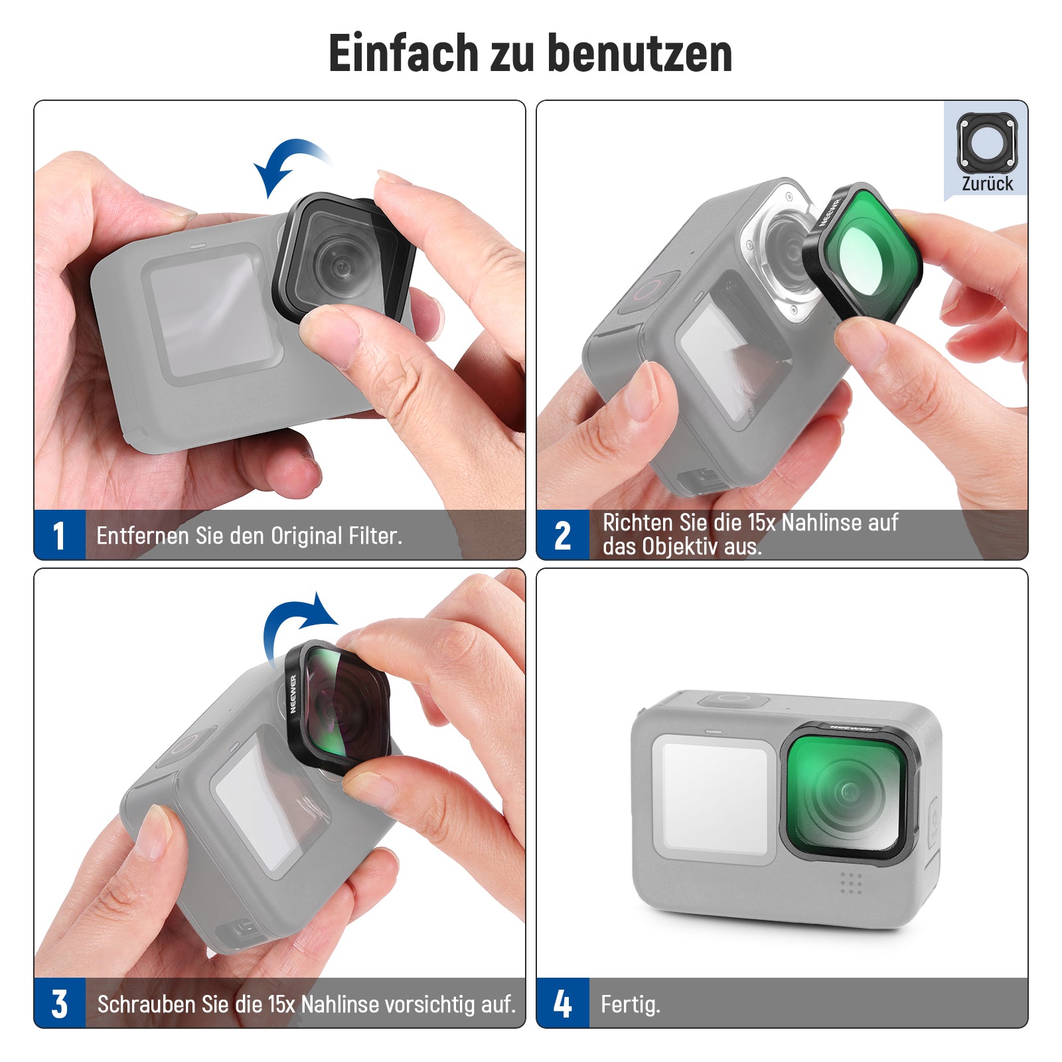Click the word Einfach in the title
[x=404, y=52]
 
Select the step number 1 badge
[x=60, y=535]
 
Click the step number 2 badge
[x=563, y=535]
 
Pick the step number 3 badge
[x=60, y=1003]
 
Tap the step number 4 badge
[x=563, y=1003]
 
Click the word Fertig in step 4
[x=629, y=1004]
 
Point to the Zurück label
[x=988, y=184]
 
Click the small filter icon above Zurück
[x=987, y=143]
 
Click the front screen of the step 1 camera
[x=211, y=313]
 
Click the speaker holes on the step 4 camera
[x=851, y=883]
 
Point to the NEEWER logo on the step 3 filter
[x=293, y=694]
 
